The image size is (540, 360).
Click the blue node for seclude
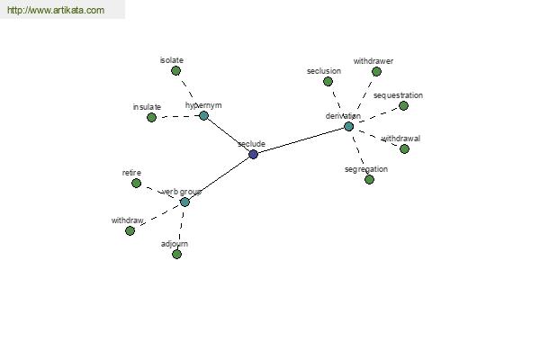pyautogui.click(x=253, y=154)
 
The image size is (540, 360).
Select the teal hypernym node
pyautogui.click(x=203, y=116)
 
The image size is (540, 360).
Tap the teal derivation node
pyautogui.click(x=349, y=126)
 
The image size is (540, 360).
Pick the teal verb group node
pyautogui.click(x=184, y=202)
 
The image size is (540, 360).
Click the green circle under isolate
pyautogui.click(x=175, y=70)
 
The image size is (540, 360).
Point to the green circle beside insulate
pyautogui.click(x=151, y=118)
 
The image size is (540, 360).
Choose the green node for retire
pyautogui.click(x=137, y=184)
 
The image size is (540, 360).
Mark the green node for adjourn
pyautogui.click(x=176, y=254)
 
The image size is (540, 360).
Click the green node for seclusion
pyautogui.click(x=328, y=82)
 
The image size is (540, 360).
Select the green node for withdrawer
pyautogui.click(x=376, y=72)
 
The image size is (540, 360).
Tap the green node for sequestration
pyautogui.click(x=403, y=106)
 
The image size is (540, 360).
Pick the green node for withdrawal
pyautogui.click(x=404, y=148)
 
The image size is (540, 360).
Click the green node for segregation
pyautogui.click(x=369, y=179)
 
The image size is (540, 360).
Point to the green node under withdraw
pyautogui.click(x=130, y=230)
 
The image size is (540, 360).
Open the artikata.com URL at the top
pyautogui.click(x=56, y=10)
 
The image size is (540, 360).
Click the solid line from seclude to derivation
pyautogui.click(x=301, y=140)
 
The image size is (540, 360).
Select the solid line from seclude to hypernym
pyautogui.click(x=229, y=135)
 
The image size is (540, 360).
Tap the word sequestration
pyautogui.click(x=398, y=95)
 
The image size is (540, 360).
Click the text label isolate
pyautogui.click(x=172, y=60)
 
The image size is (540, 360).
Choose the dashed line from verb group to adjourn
pyautogui.click(x=181, y=228)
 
